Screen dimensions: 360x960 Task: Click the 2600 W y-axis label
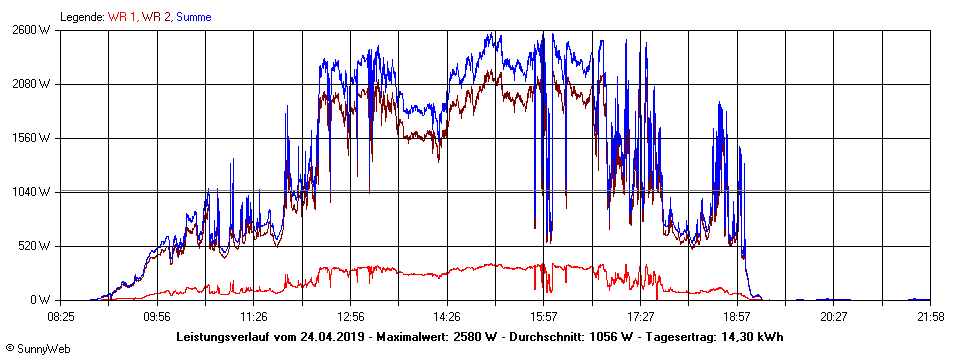pos(32,30)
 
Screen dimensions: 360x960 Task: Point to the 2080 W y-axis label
pos(32,84)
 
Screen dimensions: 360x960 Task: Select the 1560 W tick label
pos(32,138)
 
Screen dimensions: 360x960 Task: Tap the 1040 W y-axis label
pos(32,192)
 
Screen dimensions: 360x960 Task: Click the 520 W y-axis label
pos(35,246)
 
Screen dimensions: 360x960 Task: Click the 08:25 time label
pos(61,317)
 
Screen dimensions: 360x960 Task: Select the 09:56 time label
pos(157,317)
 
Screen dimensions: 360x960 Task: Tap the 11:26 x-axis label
pos(254,317)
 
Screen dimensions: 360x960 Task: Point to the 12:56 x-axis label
pos(350,317)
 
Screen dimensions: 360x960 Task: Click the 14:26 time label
pos(447,317)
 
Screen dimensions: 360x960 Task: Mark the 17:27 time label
pos(640,317)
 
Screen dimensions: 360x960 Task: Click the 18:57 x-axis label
pos(737,317)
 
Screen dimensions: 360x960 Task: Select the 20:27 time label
pos(834,317)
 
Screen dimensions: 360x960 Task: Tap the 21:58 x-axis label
pos(930,317)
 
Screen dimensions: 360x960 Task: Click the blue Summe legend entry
pos(193,17)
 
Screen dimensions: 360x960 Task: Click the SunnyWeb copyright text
pos(37,348)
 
